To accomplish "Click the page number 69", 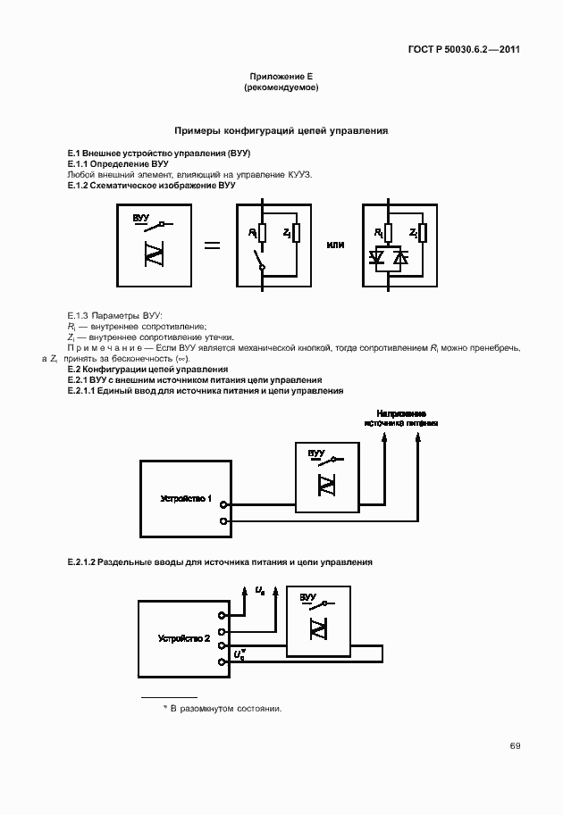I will [x=515, y=746].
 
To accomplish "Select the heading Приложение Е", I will [x=281, y=79].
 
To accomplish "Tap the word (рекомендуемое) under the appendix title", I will [x=281, y=88].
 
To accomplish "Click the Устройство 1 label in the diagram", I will [x=185, y=498].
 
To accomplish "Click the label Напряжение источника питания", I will [x=401, y=419].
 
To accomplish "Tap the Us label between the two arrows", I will [x=260, y=591].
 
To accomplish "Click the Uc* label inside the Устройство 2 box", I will [x=240, y=654].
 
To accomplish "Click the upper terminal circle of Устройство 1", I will [x=223, y=503].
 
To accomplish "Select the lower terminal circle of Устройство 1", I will [x=223, y=520].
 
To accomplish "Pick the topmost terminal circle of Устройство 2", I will [x=223, y=613].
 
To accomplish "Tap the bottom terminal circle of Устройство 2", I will [x=223, y=661].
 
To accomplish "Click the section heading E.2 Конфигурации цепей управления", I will [x=147, y=369].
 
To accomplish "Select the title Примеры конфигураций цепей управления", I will [x=281, y=130].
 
